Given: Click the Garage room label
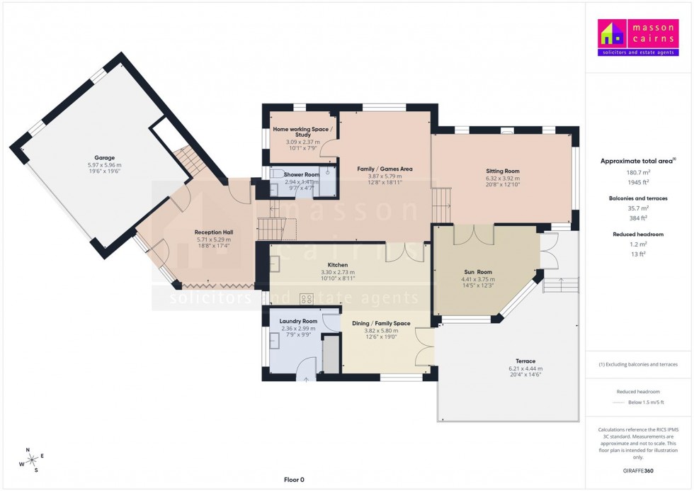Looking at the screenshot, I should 105,158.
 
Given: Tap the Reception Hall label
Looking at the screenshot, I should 214,232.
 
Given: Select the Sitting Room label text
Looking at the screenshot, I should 502,171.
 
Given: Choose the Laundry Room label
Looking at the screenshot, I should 298,321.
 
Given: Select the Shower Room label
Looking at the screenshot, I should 301,174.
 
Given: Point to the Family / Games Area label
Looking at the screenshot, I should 385,169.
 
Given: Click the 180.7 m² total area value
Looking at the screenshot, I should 638,171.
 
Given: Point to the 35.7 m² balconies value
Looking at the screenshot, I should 638,208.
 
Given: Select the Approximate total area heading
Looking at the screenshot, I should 638,161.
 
